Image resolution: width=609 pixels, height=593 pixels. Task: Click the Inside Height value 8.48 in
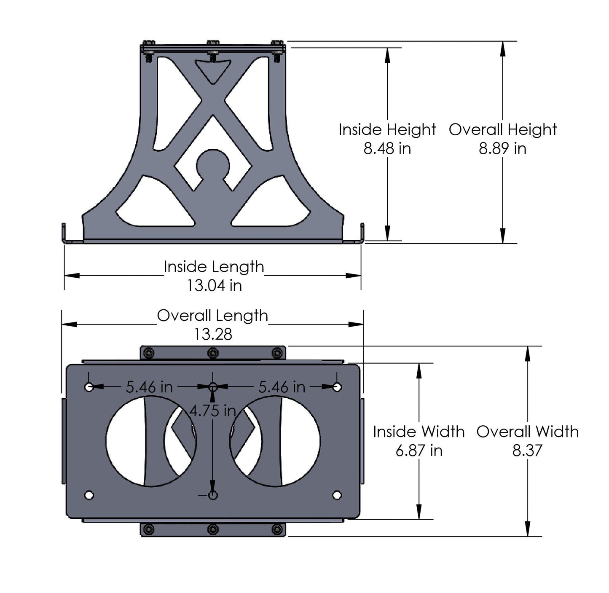click(x=387, y=148)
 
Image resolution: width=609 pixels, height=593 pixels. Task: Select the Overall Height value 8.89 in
click(x=502, y=148)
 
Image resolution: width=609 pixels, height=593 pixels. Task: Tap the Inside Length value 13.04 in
click(x=214, y=285)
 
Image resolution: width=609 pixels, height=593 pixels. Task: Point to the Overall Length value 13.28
click(x=213, y=334)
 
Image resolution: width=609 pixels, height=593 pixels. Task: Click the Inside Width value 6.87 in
click(x=419, y=451)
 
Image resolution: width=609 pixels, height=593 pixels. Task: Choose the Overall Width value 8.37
click(x=527, y=451)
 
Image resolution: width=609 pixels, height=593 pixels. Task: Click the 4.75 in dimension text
click(x=212, y=410)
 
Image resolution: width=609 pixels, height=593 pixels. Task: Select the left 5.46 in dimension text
click(x=149, y=386)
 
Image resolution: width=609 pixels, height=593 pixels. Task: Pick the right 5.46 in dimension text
click(x=282, y=386)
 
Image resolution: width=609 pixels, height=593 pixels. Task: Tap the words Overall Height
click(x=502, y=129)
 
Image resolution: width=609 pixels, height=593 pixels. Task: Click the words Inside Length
click(x=214, y=267)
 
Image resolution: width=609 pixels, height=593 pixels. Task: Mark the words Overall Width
click(x=527, y=432)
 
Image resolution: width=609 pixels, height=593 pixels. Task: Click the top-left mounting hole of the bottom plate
click(x=89, y=387)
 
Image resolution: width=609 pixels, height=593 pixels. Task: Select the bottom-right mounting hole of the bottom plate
click(x=337, y=495)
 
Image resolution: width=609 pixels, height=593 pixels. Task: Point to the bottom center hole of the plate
click(x=213, y=495)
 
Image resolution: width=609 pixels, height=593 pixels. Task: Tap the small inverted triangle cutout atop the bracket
click(x=213, y=70)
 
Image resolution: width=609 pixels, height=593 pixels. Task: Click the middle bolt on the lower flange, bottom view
click(x=213, y=529)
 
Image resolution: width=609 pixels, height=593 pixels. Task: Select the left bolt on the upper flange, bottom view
click(x=148, y=353)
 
